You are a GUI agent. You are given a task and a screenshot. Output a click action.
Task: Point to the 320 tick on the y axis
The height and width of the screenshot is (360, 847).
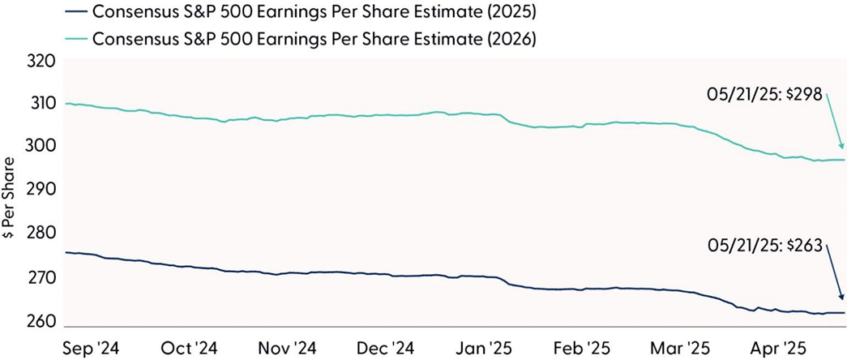[42, 61]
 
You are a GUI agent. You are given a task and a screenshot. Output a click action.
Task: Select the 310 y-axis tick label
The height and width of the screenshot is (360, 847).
[42, 104]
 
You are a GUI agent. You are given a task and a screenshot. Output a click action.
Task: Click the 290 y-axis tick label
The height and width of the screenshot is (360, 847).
[42, 191]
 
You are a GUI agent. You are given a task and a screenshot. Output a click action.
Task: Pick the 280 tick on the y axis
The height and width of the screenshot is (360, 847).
[42, 234]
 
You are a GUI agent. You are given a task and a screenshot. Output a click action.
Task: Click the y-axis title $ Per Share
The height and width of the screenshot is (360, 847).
[11, 191]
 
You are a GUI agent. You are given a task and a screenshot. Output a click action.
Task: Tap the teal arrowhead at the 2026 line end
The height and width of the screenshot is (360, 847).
[842, 146]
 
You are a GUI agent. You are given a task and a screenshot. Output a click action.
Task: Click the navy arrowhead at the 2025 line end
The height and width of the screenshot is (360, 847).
[842, 299]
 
